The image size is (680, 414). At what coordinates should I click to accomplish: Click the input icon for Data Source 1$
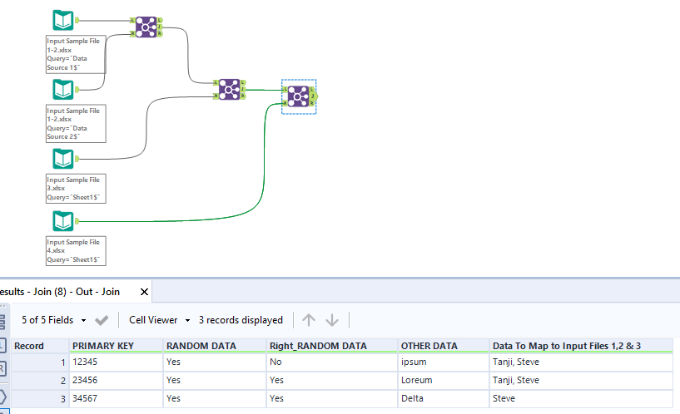(62, 20)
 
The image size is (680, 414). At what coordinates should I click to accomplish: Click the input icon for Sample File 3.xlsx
(62, 158)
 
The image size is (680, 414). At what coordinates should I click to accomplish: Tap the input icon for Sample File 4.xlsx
(62, 221)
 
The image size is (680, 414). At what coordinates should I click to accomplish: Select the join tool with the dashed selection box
(298, 96)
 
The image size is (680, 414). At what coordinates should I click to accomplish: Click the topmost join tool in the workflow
(146, 27)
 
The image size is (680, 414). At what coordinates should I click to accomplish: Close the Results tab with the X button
(145, 293)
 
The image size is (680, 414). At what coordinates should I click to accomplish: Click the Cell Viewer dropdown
(160, 320)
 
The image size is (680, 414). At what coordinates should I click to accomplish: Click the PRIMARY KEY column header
(103, 345)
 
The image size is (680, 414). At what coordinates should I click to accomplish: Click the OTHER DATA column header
(429, 345)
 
